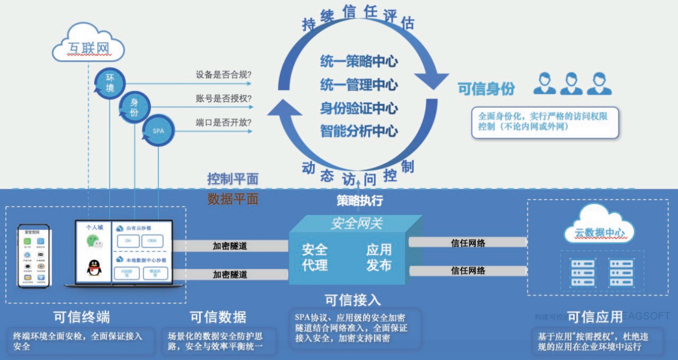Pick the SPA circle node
158,131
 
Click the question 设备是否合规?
224,75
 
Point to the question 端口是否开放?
224,122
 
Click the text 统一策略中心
359,61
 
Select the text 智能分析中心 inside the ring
359,130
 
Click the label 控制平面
233,179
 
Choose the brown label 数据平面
233,200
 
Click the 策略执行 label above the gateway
359,201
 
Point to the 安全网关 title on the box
357,223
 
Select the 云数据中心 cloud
598,232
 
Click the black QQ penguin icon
95,268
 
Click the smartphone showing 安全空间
33,256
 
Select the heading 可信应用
595,317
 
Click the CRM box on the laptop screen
152,241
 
